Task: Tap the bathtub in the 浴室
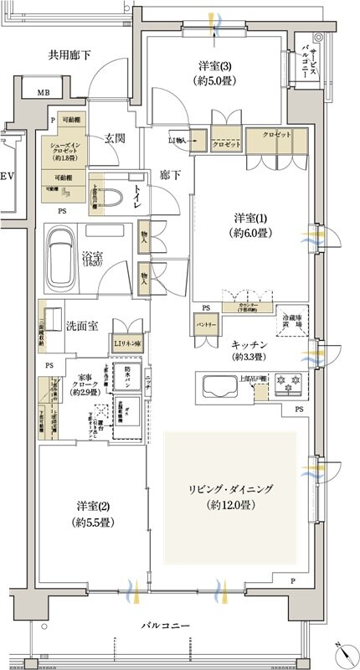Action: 61,253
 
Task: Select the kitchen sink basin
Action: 219,389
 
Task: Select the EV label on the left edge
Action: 8,177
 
